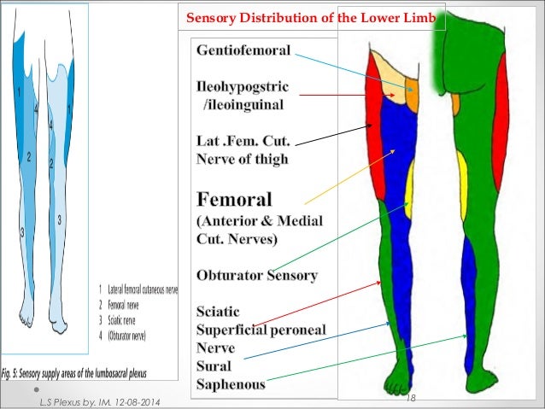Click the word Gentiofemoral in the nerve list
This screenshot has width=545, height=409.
pos(244,50)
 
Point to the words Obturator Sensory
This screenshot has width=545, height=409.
pos(257,276)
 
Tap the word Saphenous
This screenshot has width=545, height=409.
pos(231,384)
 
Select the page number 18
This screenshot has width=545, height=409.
pos(409,398)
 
